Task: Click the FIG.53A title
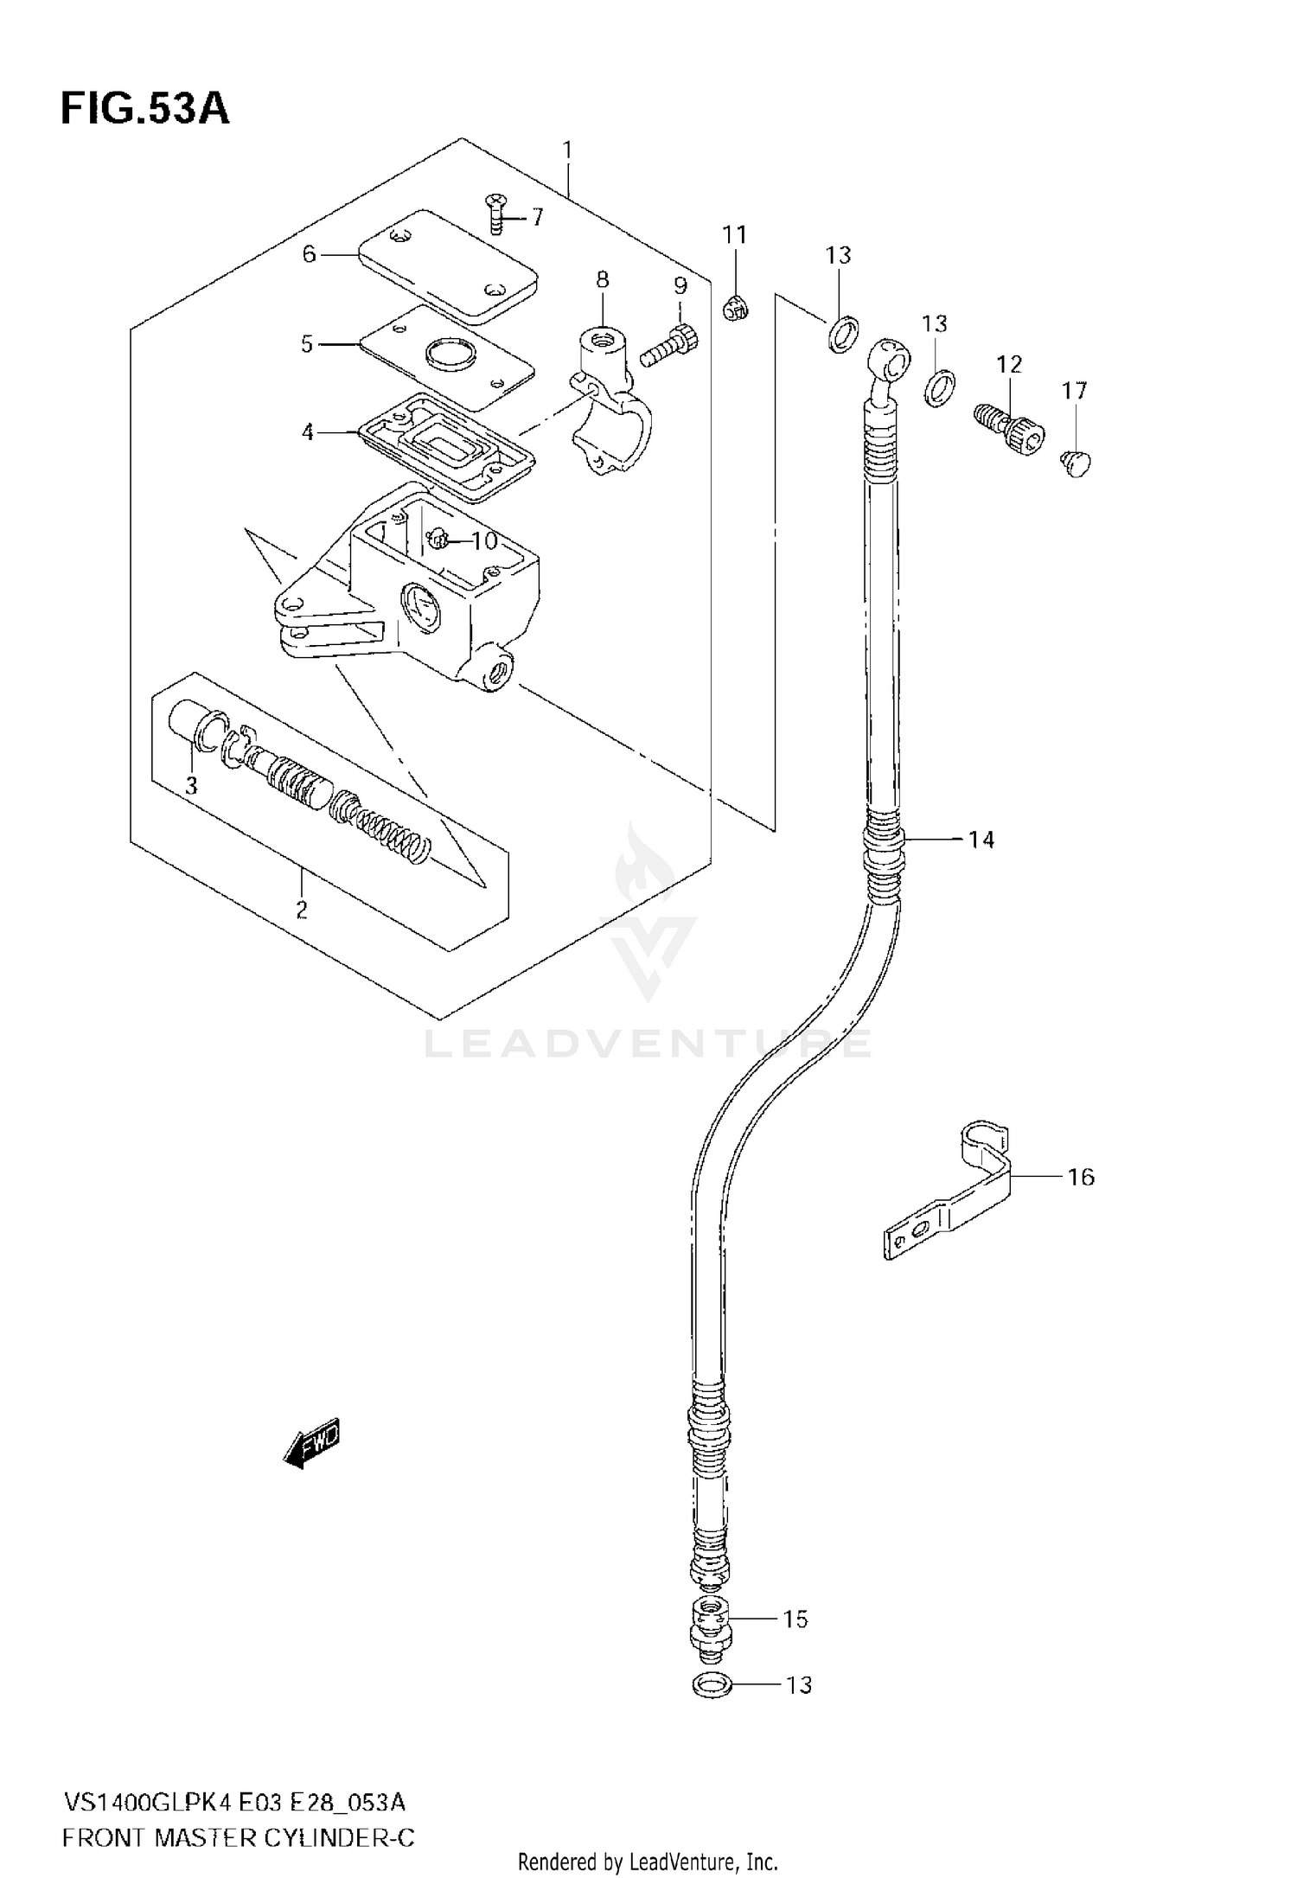click(x=145, y=110)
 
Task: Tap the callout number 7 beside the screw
click(x=537, y=216)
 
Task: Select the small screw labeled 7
click(x=495, y=212)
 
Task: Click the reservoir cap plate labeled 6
click(x=447, y=265)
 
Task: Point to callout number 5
click(x=307, y=344)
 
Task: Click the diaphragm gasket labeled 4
click(x=445, y=446)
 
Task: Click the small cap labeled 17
click(x=1077, y=463)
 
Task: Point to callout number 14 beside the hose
click(x=981, y=839)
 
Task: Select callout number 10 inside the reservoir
click(x=484, y=541)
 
